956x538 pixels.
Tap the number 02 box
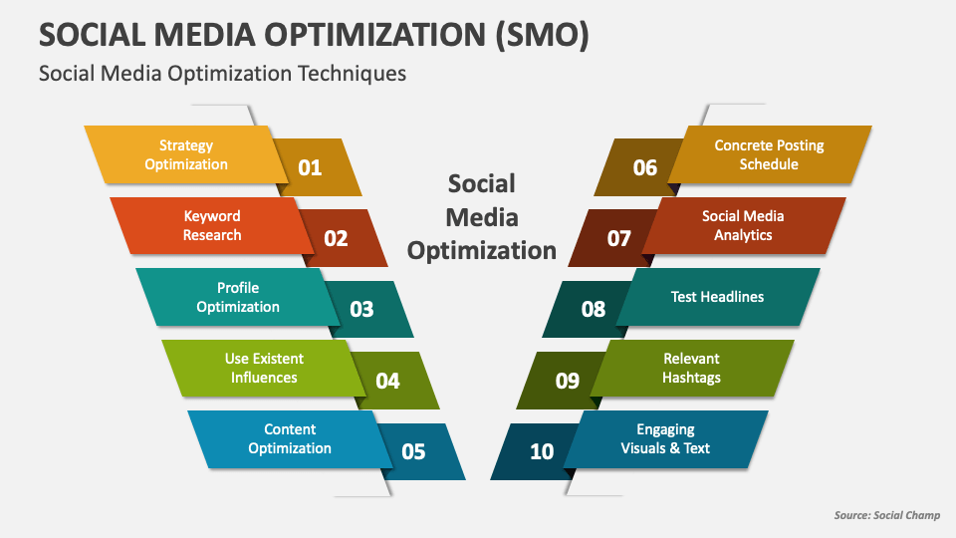tap(338, 238)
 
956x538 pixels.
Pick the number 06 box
tap(643, 167)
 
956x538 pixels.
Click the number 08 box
tap(592, 309)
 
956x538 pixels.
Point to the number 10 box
tap(540, 451)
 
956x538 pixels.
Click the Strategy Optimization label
tap(186, 154)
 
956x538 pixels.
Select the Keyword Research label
tap(212, 225)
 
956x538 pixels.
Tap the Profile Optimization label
tap(238, 297)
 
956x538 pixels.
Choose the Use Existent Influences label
tap(264, 368)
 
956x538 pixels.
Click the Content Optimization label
tap(290, 438)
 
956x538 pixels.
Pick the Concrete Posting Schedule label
tap(769, 154)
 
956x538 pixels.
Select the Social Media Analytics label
tap(743, 225)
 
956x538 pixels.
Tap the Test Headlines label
tap(717, 297)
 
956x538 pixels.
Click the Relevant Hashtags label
tap(691, 368)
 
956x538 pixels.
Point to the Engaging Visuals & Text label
tap(665, 438)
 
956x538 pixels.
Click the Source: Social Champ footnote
tap(886, 515)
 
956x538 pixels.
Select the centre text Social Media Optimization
tap(482, 216)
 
